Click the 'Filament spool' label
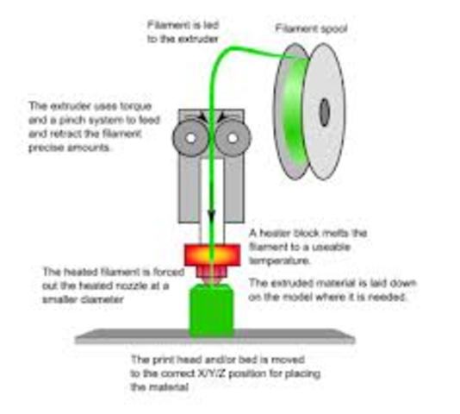click(305, 28)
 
